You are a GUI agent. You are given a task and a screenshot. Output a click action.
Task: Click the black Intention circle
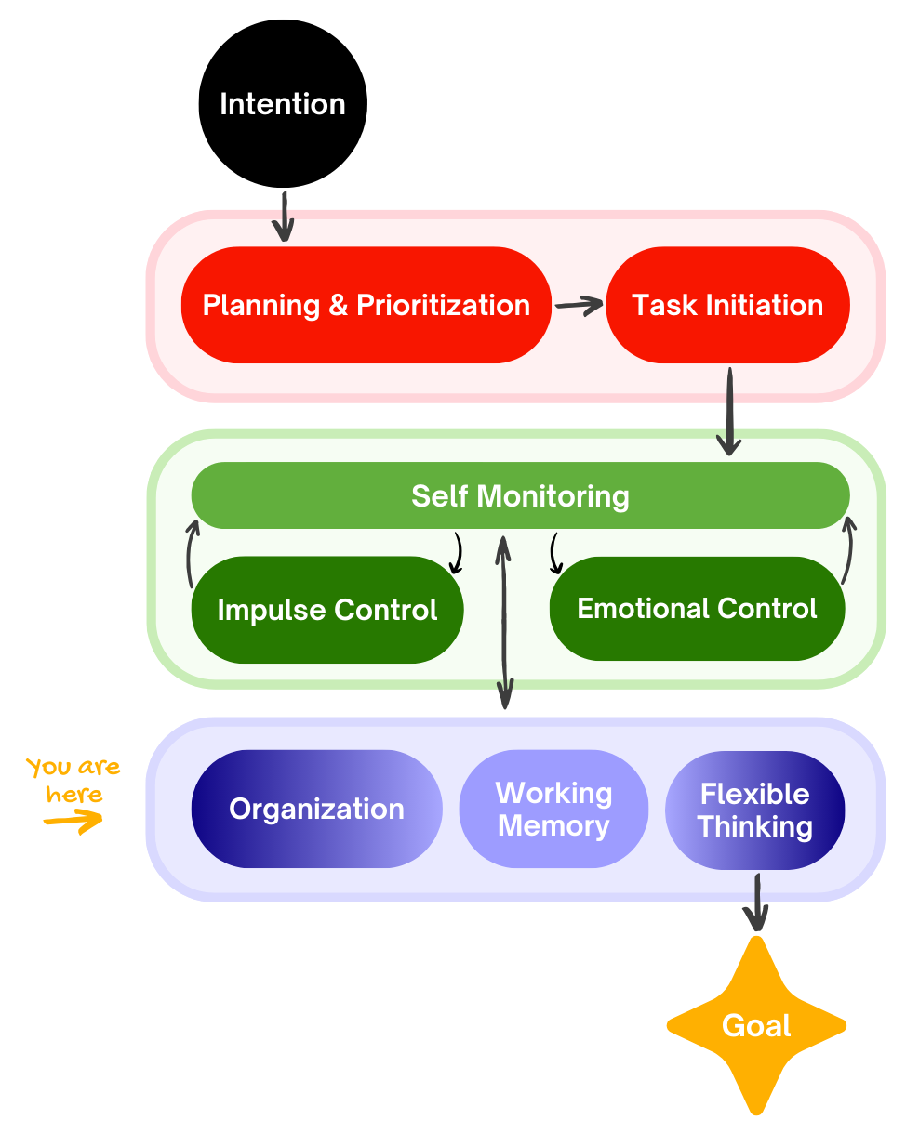pyautogui.click(x=283, y=103)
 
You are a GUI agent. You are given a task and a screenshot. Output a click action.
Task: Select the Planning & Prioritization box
pyautogui.click(x=366, y=305)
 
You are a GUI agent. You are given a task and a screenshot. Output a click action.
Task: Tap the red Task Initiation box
pyautogui.click(x=727, y=305)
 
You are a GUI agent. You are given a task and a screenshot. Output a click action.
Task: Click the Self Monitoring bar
pyautogui.click(x=520, y=495)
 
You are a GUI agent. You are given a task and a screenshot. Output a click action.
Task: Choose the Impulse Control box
pyautogui.click(x=326, y=610)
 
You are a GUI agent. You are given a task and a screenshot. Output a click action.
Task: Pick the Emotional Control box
pyautogui.click(x=697, y=609)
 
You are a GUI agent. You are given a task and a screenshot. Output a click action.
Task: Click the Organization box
pyautogui.click(x=316, y=809)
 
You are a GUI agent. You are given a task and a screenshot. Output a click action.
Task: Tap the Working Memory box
pyautogui.click(x=553, y=809)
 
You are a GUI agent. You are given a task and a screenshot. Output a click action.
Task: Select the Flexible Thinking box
pyautogui.click(x=754, y=810)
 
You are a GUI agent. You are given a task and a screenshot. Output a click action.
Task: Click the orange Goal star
pyautogui.click(x=756, y=1025)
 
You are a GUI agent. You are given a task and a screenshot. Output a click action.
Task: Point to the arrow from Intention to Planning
pyautogui.click(x=284, y=216)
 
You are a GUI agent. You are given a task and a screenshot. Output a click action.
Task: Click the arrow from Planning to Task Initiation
pyautogui.click(x=578, y=304)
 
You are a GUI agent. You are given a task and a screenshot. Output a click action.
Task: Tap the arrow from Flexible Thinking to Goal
pyautogui.click(x=757, y=901)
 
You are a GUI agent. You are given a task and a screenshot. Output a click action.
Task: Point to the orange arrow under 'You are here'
pyautogui.click(x=73, y=821)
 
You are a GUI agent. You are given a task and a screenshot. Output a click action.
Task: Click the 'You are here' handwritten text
pyautogui.click(x=73, y=780)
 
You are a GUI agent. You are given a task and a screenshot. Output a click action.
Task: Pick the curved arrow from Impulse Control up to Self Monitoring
pyautogui.click(x=191, y=555)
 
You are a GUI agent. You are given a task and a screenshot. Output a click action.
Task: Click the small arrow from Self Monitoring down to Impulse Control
pyautogui.click(x=457, y=554)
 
